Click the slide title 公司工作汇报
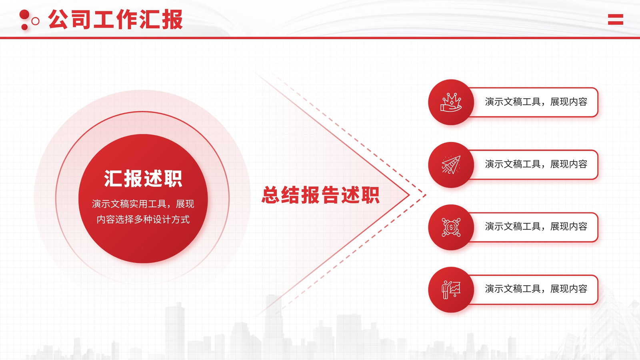pyautogui.click(x=116, y=20)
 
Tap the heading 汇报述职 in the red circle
pyautogui.click(x=143, y=178)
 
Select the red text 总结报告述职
pyautogui.click(x=320, y=195)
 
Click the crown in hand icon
pyautogui.click(x=451, y=102)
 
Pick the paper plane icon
pyautogui.click(x=451, y=164)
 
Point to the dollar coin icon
pyautogui.click(x=451, y=228)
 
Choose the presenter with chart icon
pyautogui.click(x=451, y=290)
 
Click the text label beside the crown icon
pyautogui.click(x=536, y=102)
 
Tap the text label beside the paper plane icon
pyautogui.click(x=536, y=164)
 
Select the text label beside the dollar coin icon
pyautogui.click(x=536, y=226)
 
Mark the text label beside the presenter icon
pyautogui.click(x=536, y=289)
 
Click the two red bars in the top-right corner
pyautogui.click(x=616, y=20)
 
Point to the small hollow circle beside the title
pyautogui.click(x=36, y=21)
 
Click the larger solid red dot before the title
pyautogui.click(x=24, y=14)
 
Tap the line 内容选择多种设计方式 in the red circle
pyautogui.click(x=143, y=220)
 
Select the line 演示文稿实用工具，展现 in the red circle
pyautogui.click(x=143, y=204)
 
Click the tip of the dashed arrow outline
pyautogui.click(x=426, y=196)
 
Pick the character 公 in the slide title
pyautogui.click(x=58, y=20)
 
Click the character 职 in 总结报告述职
pyautogui.click(x=370, y=195)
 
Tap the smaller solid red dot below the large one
pyautogui.click(x=24, y=27)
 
